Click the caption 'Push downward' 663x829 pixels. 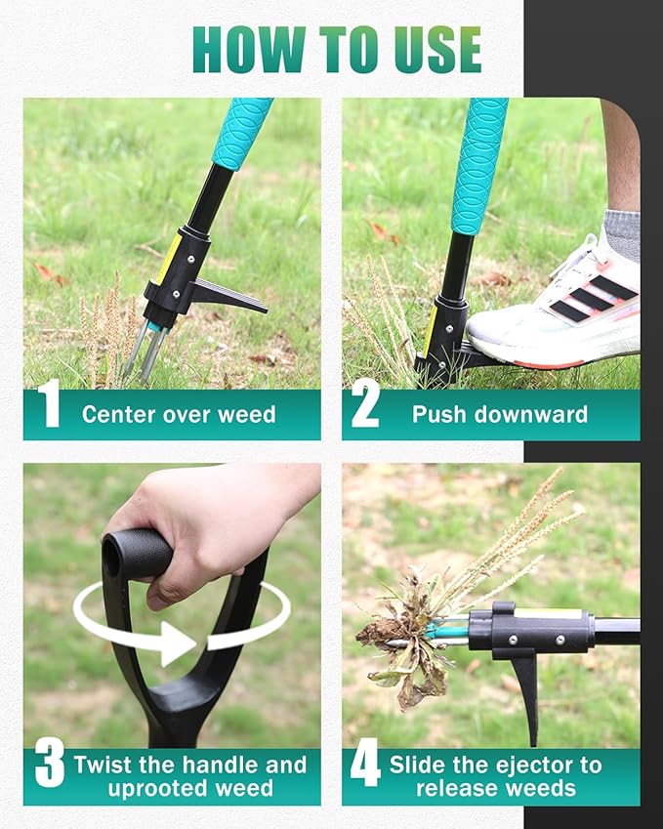click(500, 414)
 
